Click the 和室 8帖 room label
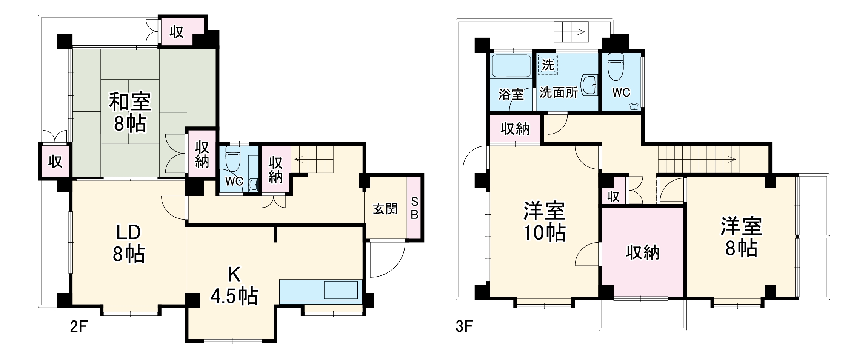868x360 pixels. (x=130, y=112)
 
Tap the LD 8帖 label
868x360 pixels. (x=128, y=243)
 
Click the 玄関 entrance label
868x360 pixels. (x=385, y=209)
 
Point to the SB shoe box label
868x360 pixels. (x=414, y=208)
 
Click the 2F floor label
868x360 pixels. (x=78, y=326)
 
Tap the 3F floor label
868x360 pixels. (x=464, y=326)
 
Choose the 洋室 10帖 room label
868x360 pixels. (x=544, y=222)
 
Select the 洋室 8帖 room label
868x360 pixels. (x=741, y=237)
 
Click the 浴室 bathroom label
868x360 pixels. (x=511, y=94)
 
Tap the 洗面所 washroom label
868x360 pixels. (x=559, y=92)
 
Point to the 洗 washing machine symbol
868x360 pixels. (x=548, y=65)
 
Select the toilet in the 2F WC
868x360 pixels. (x=233, y=158)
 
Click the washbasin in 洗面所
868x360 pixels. (x=589, y=86)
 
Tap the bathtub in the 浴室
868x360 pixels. (x=511, y=66)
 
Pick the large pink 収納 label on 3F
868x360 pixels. (x=642, y=252)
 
